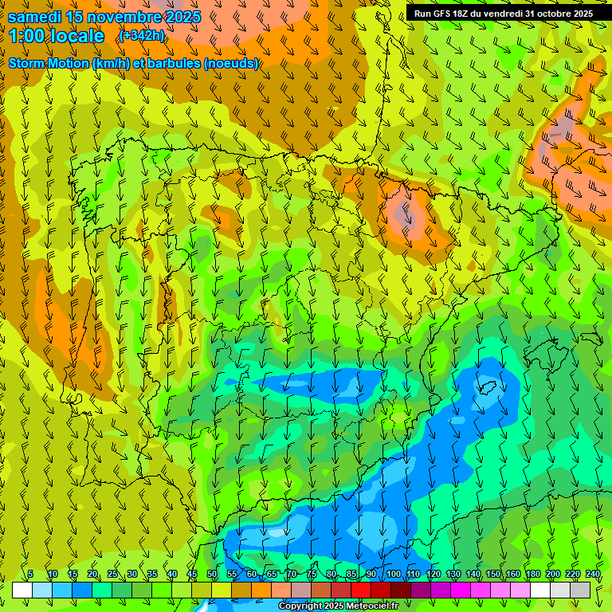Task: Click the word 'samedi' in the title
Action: point(35,17)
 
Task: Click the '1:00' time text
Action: point(27,37)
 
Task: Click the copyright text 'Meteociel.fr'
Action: point(375,606)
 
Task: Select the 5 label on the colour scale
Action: point(30,575)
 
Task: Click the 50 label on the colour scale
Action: point(211,575)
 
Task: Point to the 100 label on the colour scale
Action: point(393,575)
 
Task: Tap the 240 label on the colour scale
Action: point(592,575)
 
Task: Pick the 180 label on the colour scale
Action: point(532,575)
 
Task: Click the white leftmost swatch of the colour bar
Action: point(22,590)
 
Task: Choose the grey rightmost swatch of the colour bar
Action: point(580,590)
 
